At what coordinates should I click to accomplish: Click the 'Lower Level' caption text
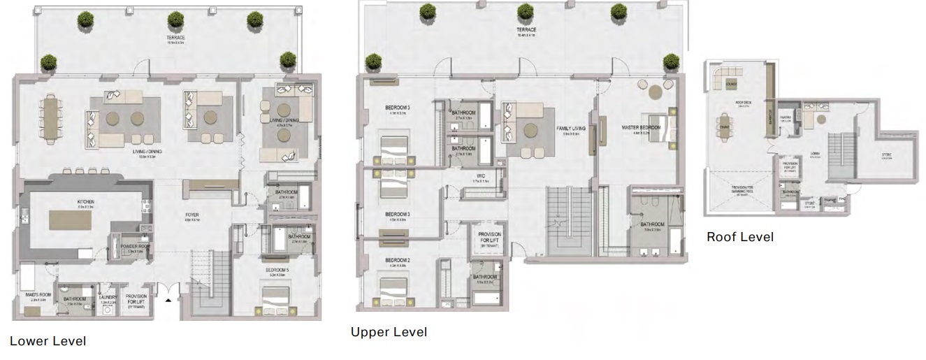pyautogui.click(x=48, y=341)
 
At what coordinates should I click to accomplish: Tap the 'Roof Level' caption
pyautogui.click(x=740, y=237)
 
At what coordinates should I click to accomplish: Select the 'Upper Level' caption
pyautogui.click(x=389, y=332)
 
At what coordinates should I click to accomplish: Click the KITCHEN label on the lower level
pyautogui.click(x=86, y=203)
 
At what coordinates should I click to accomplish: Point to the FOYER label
pyautogui.click(x=192, y=217)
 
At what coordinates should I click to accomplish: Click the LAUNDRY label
pyautogui.click(x=107, y=297)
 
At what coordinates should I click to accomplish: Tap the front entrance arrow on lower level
pyautogui.click(x=168, y=301)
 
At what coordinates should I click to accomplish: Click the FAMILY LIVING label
pyautogui.click(x=571, y=130)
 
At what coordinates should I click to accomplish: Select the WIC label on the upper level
pyautogui.click(x=480, y=176)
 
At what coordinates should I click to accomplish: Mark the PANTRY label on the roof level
pyautogui.click(x=786, y=120)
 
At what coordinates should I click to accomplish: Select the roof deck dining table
pyautogui.click(x=724, y=127)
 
